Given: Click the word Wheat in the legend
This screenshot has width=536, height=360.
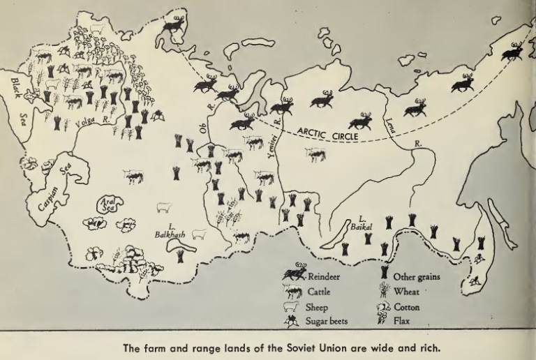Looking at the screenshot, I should click(408, 292).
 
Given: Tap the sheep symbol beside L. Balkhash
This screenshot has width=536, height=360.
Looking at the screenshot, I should click(199, 234).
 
